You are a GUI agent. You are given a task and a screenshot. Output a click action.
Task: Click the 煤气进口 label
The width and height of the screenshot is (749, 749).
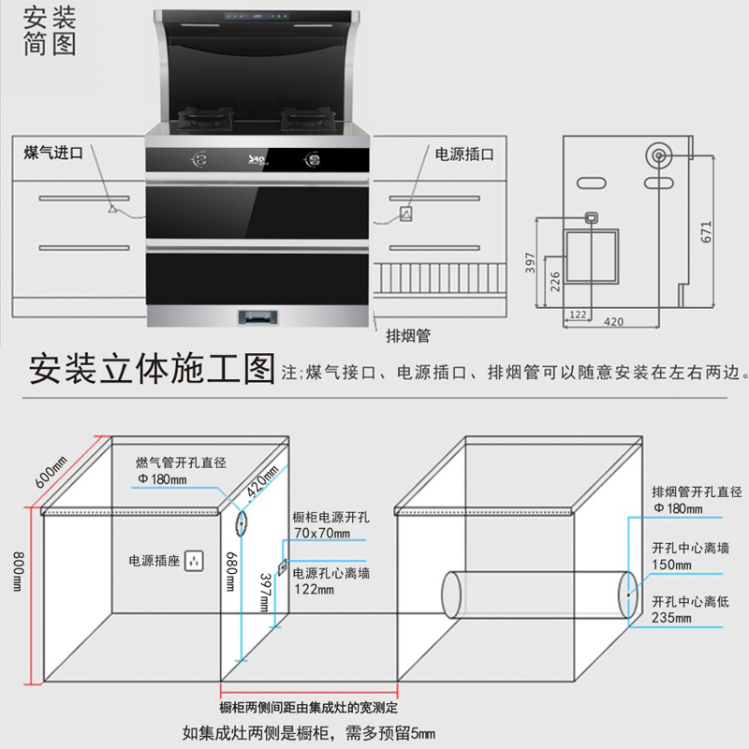point(53,153)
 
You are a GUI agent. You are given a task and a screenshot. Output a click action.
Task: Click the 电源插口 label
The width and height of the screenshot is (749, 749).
point(463,153)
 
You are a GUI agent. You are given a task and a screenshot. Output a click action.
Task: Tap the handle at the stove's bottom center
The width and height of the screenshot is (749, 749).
point(259,316)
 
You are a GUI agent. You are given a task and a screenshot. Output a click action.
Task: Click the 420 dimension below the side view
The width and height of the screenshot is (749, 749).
point(613,322)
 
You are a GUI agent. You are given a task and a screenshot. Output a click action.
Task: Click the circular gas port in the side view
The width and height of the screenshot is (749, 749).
point(659,155)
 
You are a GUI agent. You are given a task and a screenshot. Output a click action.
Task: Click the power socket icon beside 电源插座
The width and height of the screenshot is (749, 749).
point(195,561)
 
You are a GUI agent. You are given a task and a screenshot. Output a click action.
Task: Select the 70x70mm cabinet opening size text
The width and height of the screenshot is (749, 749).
point(321,535)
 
